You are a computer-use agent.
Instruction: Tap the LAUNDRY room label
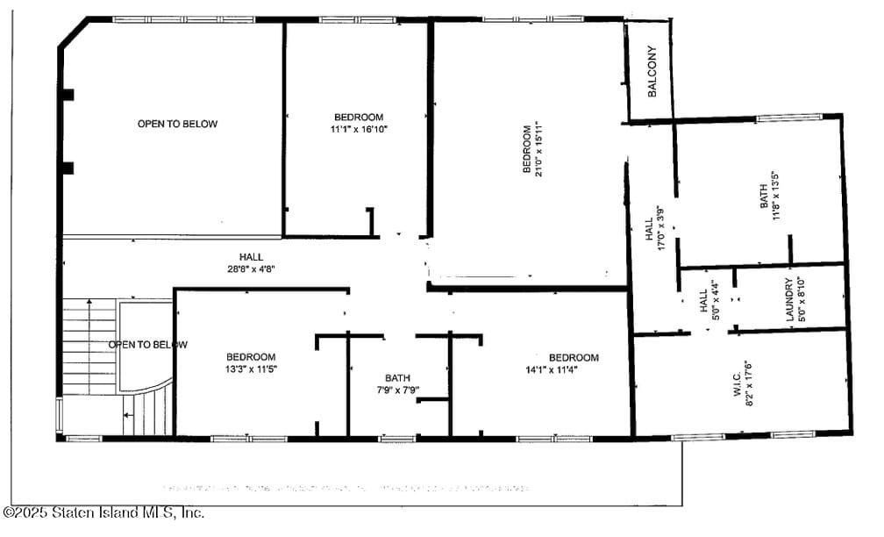tap(788, 300)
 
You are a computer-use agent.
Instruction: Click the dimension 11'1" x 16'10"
tap(359, 129)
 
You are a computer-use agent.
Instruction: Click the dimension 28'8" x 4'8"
tap(252, 268)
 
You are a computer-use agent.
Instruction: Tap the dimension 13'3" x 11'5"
tap(251, 369)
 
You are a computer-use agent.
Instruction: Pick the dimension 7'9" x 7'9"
tap(397, 390)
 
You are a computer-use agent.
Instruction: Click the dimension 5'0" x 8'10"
tap(801, 300)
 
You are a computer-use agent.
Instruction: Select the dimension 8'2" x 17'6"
tap(750, 384)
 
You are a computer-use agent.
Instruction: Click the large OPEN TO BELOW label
tap(177, 124)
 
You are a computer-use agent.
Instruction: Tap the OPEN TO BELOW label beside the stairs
tap(147, 344)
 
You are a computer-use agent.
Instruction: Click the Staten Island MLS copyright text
tap(104, 512)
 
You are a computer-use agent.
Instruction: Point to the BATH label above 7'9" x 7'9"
tap(397, 378)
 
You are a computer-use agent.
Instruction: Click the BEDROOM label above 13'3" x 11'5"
tap(251, 357)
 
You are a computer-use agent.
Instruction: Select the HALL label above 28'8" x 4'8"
tap(252, 257)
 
